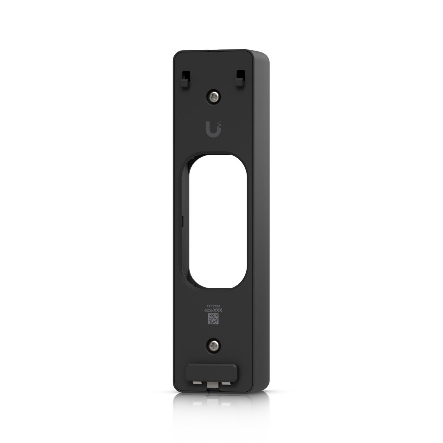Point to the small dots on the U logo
220,126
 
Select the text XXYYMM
213,306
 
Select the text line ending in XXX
213,311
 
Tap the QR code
213,319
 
